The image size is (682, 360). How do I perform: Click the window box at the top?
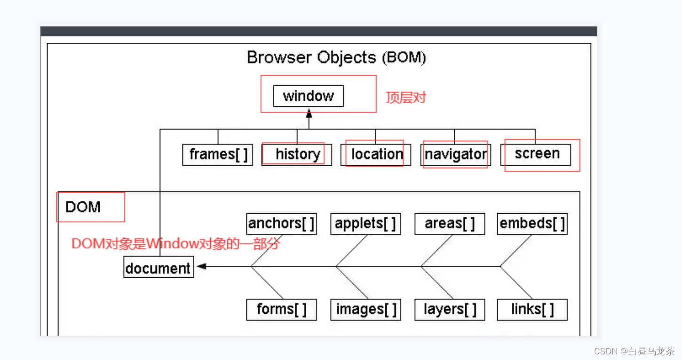click(309, 96)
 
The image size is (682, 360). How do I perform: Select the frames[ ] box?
click(217, 155)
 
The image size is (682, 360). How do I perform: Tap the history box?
click(296, 155)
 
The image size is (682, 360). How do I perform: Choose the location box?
click(376, 155)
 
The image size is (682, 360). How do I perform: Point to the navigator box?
click(455, 155)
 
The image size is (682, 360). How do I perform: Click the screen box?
click(536, 155)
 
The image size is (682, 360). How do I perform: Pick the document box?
click(159, 267)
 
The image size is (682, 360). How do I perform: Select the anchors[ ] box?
click(282, 224)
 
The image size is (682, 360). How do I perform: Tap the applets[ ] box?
click(365, 224)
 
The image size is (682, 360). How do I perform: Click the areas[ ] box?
click(450, 224)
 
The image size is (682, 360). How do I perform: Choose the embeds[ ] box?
click(532, 224)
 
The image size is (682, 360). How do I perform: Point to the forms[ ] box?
click(282, 310)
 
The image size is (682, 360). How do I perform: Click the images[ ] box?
click(365, 310)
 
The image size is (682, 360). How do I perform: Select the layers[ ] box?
click(450, 310)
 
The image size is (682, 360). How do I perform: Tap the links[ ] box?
click(532, 310)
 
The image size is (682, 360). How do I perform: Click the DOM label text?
click(83, 207)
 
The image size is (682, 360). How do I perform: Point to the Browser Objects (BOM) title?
click(336, 57)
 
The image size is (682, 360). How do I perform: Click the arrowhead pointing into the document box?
click(202, 266)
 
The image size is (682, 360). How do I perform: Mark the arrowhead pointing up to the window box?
click(309, 113)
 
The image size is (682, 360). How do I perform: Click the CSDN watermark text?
click(634, 351)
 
